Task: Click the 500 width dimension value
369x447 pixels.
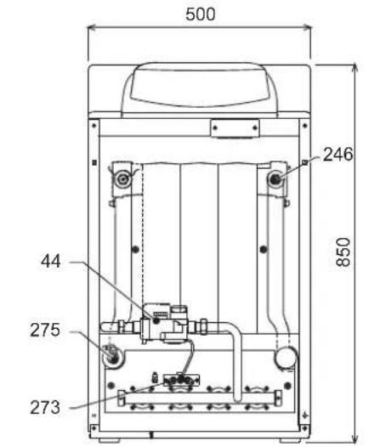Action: tap(200, 14)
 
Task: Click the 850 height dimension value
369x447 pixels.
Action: tap(343, 252)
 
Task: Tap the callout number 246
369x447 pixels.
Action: tap(338, 155)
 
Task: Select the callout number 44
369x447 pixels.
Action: tap(51, 261)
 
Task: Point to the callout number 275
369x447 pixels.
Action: tap(45, 330)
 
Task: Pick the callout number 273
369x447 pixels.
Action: tap(45, 407)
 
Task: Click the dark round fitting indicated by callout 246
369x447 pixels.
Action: tap(275, 179)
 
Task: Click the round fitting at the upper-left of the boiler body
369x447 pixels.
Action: tap(123, 179)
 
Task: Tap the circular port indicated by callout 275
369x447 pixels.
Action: tap(113, 356)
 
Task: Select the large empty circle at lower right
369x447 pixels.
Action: tap(286, 358)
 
